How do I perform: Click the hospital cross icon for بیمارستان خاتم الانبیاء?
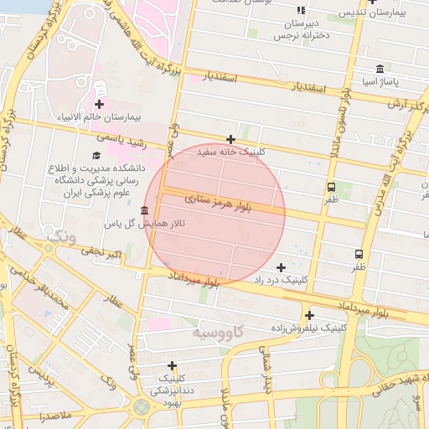click(x=100, y=104)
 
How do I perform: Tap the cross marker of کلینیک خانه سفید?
click(x=230, y=139)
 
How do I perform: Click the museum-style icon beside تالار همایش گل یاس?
click(x=146, y=210)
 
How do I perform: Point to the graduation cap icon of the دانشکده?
click(x=96, y=156)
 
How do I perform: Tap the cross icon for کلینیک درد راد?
click(x=280, y=267)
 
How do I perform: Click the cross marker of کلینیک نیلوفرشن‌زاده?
click(x=309, y=316)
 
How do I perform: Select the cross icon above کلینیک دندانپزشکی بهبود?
click(x=173, y=365)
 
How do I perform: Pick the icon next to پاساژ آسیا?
click(x=380, y=69)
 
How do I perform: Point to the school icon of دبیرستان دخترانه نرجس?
click(x=300, y=11)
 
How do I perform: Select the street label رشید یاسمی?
click(x=121, y=140)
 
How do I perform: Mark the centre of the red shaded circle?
click(x=214, y=214)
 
